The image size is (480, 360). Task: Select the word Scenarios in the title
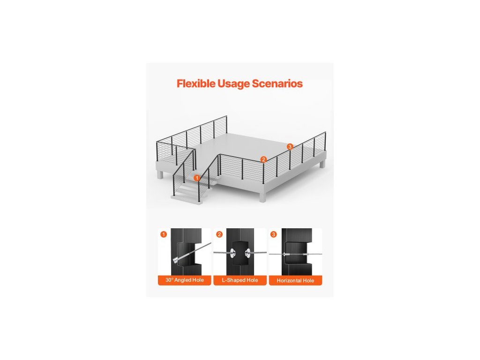point(277,84)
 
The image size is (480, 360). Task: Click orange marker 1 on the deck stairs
point(197,178)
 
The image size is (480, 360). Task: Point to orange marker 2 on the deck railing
point(263,159)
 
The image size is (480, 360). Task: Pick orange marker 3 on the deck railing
point(290,147)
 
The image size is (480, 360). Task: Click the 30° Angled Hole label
point(184,280)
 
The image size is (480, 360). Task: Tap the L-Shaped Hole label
point(240,280)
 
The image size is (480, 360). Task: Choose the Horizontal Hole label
point(295,280)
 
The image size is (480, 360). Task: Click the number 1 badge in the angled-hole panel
point(163,234)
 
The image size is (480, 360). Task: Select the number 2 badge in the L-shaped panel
point(219,234)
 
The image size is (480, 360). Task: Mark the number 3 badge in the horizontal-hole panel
point(274,234)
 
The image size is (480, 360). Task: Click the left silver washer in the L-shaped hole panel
point(232,253)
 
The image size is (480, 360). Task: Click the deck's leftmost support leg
point(160,174)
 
